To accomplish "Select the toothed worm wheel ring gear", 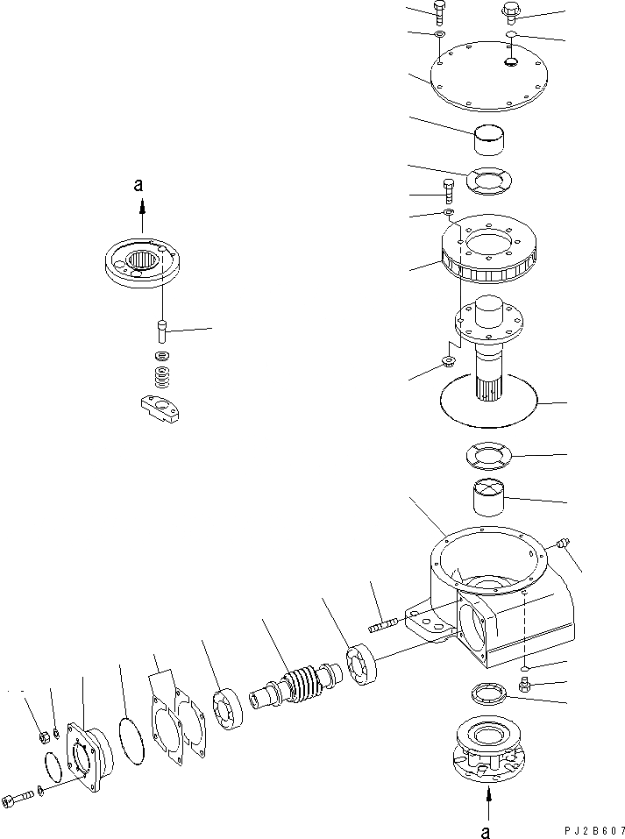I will pos(492,252).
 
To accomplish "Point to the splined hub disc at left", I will pos(144,263).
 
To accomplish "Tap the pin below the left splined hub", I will pos(161,331).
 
